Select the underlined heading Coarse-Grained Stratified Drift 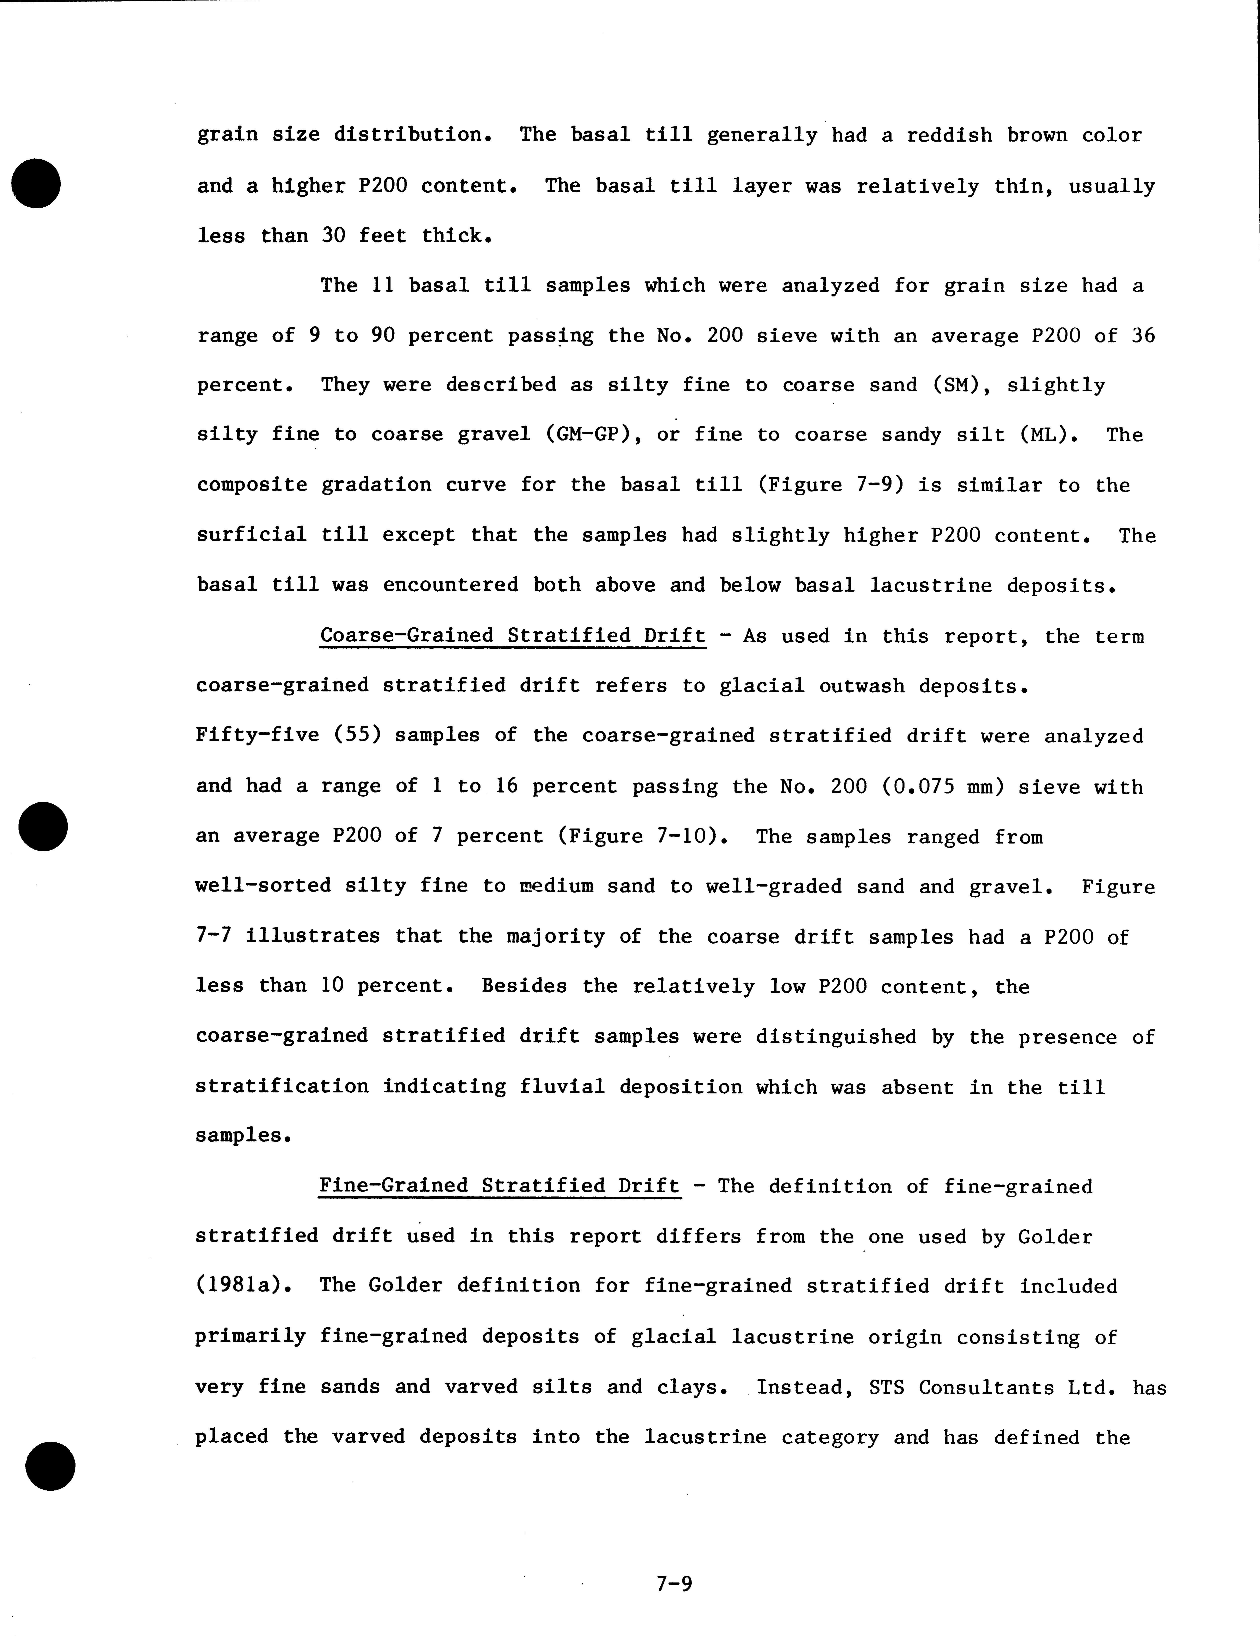click(513, 636)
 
